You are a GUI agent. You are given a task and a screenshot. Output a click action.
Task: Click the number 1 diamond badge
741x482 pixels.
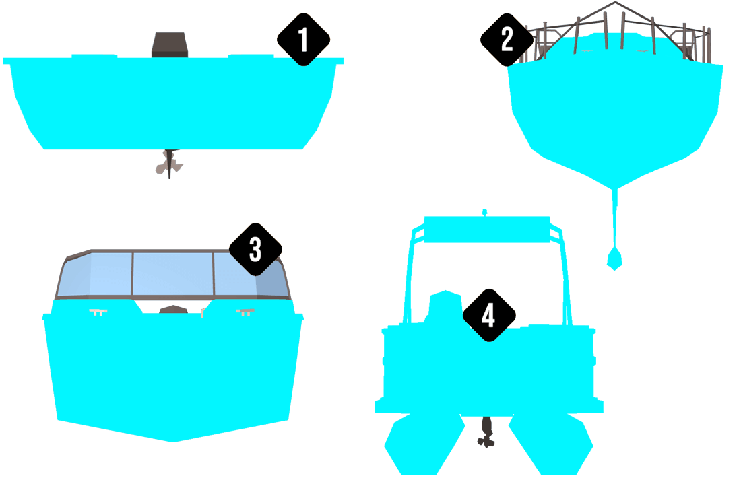click(x=303, y=40)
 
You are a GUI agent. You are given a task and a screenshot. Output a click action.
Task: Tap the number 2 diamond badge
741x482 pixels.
click(x=507, y=40)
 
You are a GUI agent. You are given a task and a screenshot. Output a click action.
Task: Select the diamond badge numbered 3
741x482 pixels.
click(x=255, y=249)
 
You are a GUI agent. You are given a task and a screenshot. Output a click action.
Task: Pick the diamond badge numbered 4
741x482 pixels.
click(x=489, y=315)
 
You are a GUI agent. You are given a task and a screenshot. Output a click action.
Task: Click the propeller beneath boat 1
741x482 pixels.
click(x=168, y=164)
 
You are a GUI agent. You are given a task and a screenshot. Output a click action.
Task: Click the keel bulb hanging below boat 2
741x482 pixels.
click(x=614, y=258)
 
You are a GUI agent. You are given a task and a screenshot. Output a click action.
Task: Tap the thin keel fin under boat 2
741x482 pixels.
click(x=614, y=215)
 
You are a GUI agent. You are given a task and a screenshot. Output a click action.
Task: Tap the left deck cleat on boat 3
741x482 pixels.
click(x=98, y=312)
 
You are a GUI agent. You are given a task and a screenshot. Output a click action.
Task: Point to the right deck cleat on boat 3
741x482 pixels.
click(x=245, y=312)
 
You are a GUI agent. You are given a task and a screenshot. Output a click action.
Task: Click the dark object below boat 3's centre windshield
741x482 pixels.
click(x=173, y=310)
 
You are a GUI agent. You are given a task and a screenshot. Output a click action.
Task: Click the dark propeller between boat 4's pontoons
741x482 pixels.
click(x=485, y=434)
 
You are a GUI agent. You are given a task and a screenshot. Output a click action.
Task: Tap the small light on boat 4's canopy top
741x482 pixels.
click(x=484, y=212)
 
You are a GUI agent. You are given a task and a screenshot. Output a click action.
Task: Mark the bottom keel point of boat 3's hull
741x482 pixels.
click(x=174, y=441)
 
